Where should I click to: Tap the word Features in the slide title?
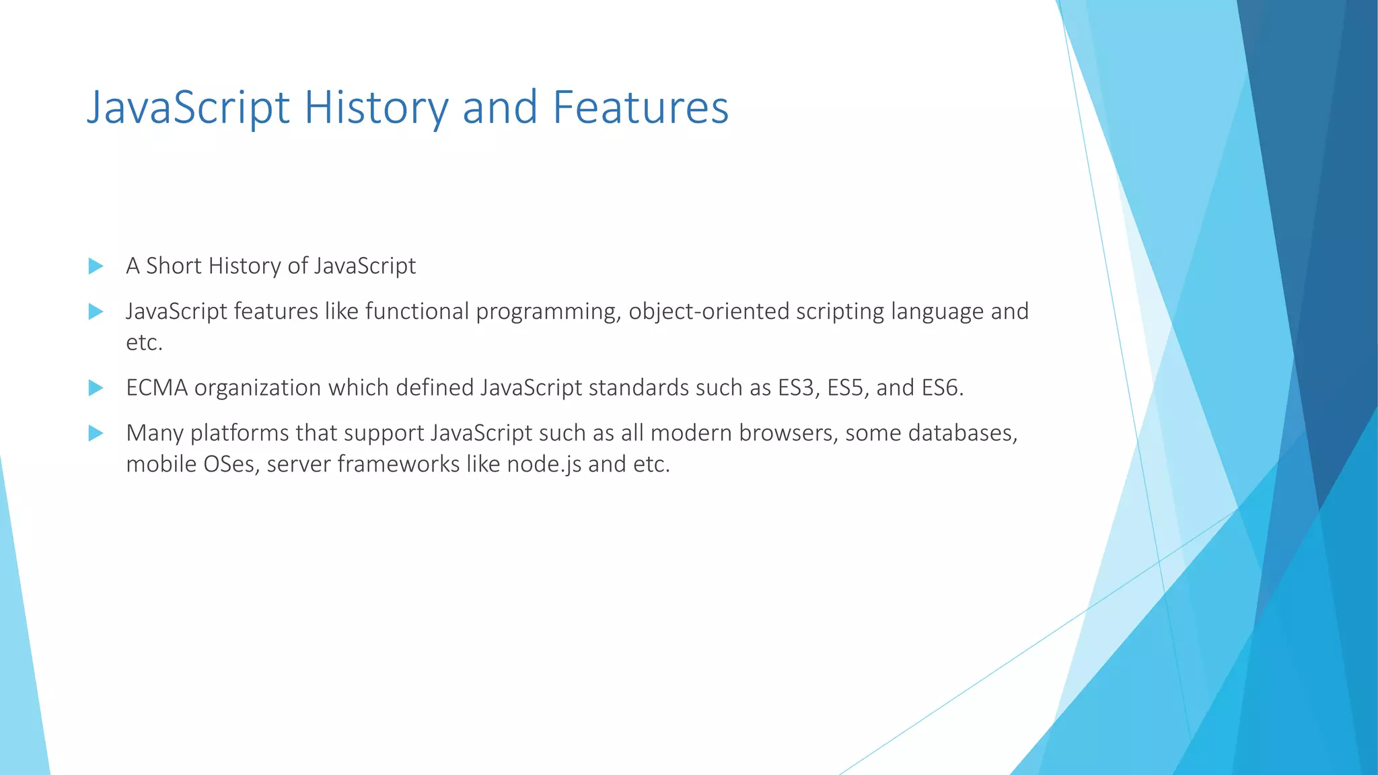pos(641,108)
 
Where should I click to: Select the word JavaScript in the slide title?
pos(188,108)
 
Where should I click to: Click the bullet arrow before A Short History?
pos(96,266)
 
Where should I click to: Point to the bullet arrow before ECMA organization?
pos(96,387)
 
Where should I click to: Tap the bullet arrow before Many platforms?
pos(96,433)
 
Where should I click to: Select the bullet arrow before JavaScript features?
pos(96,311)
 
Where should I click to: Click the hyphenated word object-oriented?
pos(709,311)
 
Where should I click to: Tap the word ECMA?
pos(157,388)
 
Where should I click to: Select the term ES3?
pos(799,388)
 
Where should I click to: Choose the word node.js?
pos(544,464)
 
